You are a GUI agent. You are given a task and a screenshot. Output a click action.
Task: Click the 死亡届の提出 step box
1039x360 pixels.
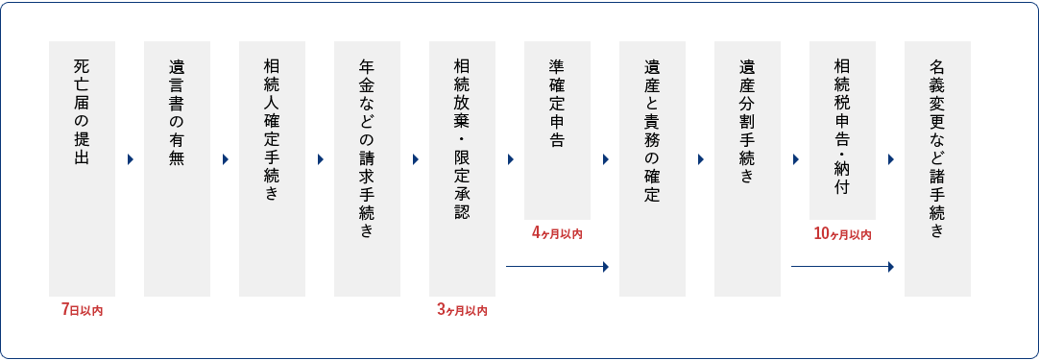tap(82, 168)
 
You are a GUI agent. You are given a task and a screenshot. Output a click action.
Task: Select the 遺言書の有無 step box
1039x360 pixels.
tap(177, 168)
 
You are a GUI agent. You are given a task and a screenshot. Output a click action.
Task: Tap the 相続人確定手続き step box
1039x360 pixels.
tap(272, 168)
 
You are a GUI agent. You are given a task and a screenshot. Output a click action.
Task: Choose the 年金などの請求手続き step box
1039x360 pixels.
tap(367, 168)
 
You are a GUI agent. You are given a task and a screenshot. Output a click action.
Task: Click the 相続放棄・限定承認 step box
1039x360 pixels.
tap(462, 168)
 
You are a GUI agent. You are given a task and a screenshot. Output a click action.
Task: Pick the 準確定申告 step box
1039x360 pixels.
tap(557, 130)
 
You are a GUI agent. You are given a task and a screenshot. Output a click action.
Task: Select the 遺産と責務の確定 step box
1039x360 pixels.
tap(652, 168)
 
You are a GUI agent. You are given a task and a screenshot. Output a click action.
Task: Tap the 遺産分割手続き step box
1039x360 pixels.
tap(747, 168)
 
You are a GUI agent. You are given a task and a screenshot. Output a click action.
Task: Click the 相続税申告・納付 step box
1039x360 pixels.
tap(842, 130)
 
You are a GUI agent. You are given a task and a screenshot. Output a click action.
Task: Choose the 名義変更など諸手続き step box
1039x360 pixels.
tap(937, 168)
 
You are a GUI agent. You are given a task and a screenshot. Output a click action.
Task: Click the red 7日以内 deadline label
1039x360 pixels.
tap(82, 310)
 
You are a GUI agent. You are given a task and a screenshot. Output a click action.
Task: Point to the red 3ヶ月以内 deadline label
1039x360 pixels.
tap(462, 310)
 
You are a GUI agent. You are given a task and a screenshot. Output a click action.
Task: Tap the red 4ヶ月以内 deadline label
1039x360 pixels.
tap(557, 233)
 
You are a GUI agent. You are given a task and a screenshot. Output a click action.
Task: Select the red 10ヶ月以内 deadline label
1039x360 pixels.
tap(842, 233)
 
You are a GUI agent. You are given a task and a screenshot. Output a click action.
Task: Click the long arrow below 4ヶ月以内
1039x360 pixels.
tap(557, 267)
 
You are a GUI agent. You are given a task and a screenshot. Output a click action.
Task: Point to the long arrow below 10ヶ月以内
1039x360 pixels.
tap(842, 267)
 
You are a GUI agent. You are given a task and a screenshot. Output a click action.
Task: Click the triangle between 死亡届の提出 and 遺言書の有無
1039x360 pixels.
tap(130, 160)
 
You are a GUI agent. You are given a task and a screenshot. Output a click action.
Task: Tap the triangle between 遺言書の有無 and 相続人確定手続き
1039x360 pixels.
tap(225, 160)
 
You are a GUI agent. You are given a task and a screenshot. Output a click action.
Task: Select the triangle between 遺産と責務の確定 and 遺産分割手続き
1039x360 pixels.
tap(700, 160)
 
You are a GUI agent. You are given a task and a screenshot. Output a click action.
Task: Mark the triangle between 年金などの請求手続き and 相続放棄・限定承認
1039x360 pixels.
tap(415, 160)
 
